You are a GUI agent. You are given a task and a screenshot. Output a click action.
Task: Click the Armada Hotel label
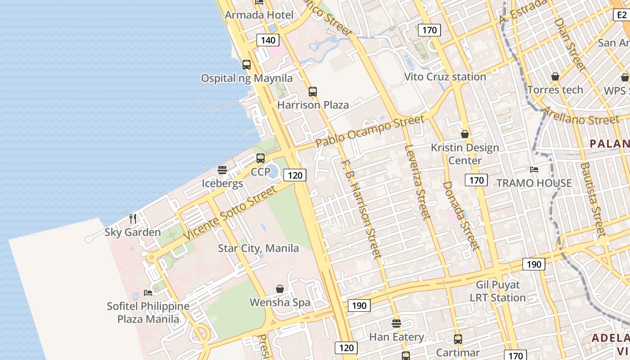coord(259,15)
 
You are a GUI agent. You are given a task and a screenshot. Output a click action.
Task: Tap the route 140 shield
coord(268,40)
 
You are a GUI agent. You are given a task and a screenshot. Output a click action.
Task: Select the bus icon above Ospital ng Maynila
coord(247,64)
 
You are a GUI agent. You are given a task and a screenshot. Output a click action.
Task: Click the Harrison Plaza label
coord(313,105)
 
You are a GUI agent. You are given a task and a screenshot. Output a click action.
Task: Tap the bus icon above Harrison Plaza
coord(313,92)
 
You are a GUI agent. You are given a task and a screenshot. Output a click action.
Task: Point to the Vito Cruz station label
coord(445,76)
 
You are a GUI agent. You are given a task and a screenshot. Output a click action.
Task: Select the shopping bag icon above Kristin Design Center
coord(465,134)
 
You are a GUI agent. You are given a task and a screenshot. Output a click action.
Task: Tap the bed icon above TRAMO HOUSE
coord(534,170)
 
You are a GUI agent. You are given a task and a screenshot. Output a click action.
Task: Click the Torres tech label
coord(555,90)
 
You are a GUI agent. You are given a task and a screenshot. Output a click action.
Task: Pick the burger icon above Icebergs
coord(222,170)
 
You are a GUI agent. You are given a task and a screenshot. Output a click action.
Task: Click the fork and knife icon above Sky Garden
coord(133,219)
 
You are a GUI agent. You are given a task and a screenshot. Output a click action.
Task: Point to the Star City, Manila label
coord(258,248)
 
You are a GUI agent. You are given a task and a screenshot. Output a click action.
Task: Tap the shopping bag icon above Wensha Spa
coord(280,289)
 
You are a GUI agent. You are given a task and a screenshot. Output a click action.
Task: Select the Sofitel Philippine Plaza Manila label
coord(148,312)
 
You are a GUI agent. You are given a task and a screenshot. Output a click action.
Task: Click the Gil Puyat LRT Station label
coord(498,291)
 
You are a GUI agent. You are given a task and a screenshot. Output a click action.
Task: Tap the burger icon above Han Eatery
coord(396,324)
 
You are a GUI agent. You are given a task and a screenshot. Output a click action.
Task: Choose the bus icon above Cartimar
coord(458,339)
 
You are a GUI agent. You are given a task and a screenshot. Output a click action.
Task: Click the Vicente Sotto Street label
coord(230,212)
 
